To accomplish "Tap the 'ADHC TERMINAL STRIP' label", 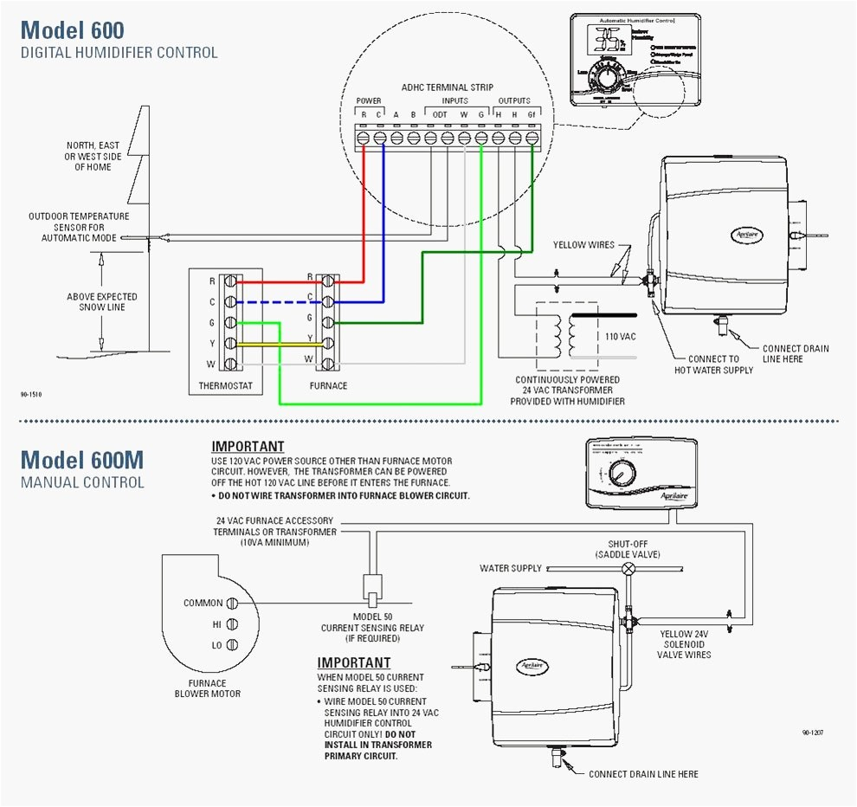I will pyautogui.click(x=447, y=87).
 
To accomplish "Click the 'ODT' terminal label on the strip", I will pyautogui.click(x=440, y=114).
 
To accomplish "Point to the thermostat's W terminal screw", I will pyautogui.click(x=229, y=364).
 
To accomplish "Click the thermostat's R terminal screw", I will pyautogui.click(x=229, y=281).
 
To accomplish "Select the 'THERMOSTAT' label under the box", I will pyautogui.click(x=225, y=385).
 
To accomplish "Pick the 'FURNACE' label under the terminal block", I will pyautogui.click(x=328, y=385).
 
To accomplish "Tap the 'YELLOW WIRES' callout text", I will pyautogui.click(x=583, y=245).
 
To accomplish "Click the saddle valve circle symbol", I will pyautogui.click(x=629, y=569).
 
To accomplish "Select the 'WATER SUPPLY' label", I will pyautogui.click(x=511, y=569).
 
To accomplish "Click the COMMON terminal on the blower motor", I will pyautogui.click(x=232, y=603).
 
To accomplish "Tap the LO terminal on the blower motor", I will pyautogui.click(x=232, y=645).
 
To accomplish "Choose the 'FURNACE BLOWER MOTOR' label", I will pyautogui.click(x=208, y=688).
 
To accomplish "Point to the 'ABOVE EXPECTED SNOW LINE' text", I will pyautogui.click(x=102, y=302).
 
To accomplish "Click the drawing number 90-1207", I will pyautogui.click(x=812, y=733).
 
